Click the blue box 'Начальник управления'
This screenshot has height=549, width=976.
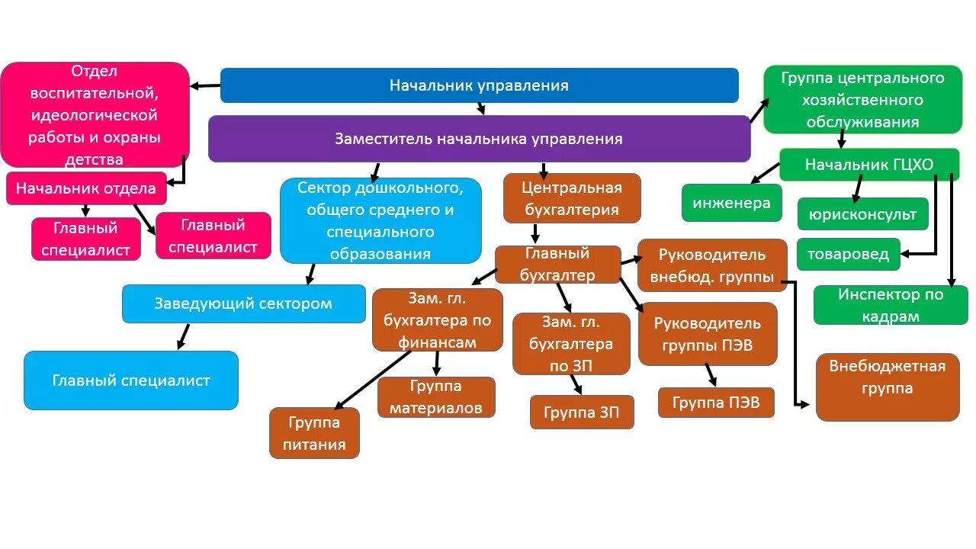click(x=479, y=85)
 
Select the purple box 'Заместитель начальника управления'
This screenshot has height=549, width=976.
click(x=479, y=139)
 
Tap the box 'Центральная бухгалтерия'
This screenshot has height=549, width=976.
click(x=572, y=198)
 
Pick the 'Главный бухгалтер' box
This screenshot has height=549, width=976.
click(x=557, y=264)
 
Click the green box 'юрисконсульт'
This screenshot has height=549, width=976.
click(x=862, y=214)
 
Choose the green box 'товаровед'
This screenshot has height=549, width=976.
click(x=848, y=254)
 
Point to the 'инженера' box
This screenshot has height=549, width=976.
click(x=731, y=203)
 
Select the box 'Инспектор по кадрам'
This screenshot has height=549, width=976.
click(x=891, y=305)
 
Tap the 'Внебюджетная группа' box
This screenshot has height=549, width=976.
click(x=887, y=387)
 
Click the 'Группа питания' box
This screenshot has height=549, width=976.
click(x=313, y=433)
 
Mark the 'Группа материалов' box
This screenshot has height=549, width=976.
click(x=435, y=396)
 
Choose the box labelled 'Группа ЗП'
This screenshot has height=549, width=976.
click(x=582, y=412)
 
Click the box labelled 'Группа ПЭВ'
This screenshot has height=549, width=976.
click(x=716, y=403)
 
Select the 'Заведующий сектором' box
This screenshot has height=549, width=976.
click(x=243, y=303)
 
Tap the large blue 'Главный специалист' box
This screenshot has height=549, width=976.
click(x=131, y=380)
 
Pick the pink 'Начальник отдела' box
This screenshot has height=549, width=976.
click(x=86, y=188)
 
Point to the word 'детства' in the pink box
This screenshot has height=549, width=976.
click(x=94, y=159)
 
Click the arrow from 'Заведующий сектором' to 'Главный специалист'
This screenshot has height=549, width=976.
click(x=183, y=336)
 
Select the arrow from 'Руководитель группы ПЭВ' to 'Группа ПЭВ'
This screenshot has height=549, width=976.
click(x=711, y=374)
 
